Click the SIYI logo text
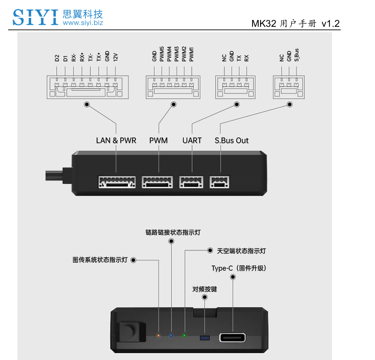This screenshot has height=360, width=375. pos(36,17)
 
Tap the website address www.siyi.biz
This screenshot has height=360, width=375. pos(83,23)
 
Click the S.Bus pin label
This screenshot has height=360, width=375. pos(297,55)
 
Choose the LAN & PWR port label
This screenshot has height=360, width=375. pos(116,140)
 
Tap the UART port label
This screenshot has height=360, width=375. pos(192,140)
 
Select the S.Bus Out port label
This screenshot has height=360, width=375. pos(232,140)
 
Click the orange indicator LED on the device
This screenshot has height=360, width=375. pos(158,336)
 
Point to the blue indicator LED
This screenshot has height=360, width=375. pos(171,336)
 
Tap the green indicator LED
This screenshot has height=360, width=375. pos(184,336)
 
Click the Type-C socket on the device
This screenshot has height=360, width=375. pos(233,338)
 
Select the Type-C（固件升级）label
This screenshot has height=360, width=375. pos(239,268)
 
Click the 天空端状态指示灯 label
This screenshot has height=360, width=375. pos(241,251)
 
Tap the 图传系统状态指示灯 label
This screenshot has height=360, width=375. pos(100,260)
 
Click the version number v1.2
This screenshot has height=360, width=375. pos(331,23)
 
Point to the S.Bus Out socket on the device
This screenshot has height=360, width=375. pos(220,182)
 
